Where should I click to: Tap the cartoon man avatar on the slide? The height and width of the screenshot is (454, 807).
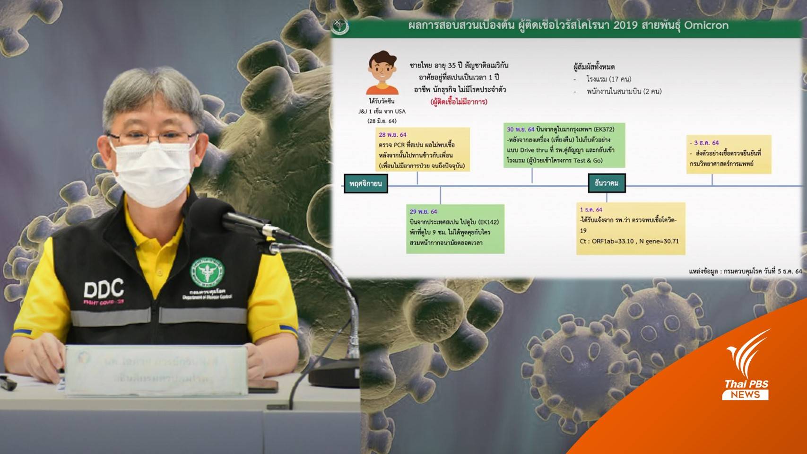pos(382,73)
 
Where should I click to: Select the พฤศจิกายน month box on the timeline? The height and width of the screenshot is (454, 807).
pos(365,183)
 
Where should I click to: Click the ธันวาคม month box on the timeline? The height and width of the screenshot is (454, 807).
pos(607,183)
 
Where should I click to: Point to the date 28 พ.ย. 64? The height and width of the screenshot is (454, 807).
pos(392,135)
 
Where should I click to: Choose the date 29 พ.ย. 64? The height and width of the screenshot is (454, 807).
pos(423,211)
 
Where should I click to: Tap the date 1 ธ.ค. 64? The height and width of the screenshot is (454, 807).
pos(591,210)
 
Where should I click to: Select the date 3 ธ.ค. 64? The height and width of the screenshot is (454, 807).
pos(705,143)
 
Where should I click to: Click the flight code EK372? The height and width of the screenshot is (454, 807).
pos(603,129)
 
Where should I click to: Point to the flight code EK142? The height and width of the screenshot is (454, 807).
pos(488,222)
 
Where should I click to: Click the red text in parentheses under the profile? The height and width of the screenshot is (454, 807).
pos(458,102)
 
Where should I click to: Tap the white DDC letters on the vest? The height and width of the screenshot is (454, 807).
pos(104,288)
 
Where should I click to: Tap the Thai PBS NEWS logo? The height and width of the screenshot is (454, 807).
pos(747,369)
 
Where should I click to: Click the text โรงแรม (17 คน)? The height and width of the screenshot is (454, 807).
pos(608,79)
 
